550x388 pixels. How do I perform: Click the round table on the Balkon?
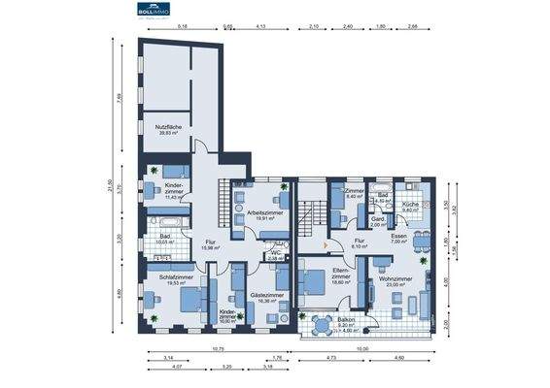click(321, 323)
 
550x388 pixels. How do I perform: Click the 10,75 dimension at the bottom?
click(220, 347)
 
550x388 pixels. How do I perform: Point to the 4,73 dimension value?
click(331, 359)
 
